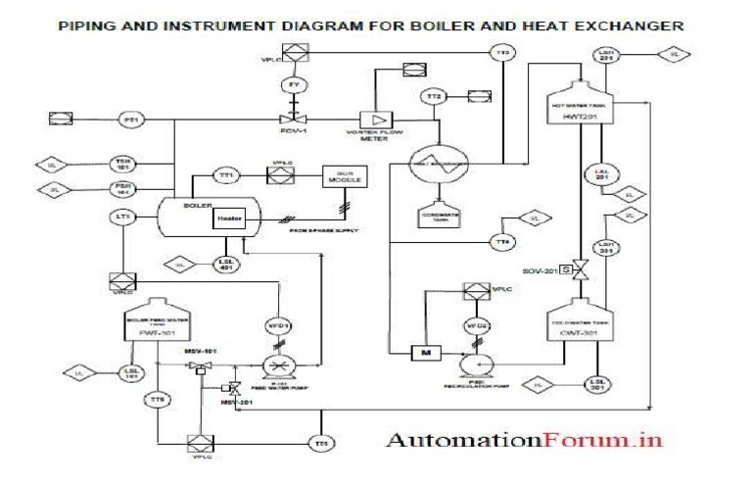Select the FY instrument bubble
292,86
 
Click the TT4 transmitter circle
501,241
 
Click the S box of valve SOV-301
566,269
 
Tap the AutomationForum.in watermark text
524,439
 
